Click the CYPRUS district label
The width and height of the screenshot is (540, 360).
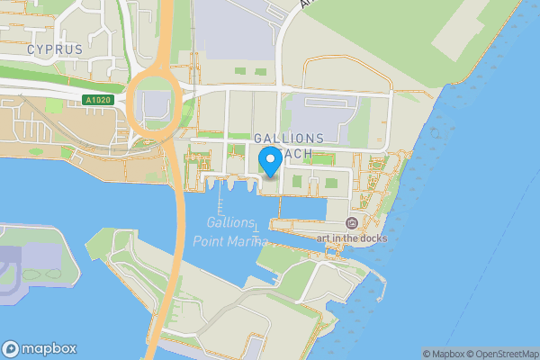click(54, 49)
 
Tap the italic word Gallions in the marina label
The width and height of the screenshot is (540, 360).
click(230, 223)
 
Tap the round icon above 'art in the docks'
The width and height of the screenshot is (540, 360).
click(352, 222)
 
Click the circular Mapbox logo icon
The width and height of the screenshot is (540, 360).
click(12, 349)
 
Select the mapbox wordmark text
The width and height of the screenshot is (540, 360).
click(49, 349)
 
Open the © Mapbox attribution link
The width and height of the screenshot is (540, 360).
click(445, 354)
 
